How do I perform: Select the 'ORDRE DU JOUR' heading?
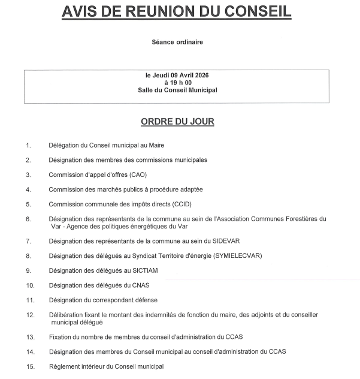click(x=177, y=122)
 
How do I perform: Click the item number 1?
click(x=28, y=145)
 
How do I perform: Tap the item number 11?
click(x=30, y=300)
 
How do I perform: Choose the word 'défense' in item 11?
click(x=146, y=300)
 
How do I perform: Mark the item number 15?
click(x=30, y=366)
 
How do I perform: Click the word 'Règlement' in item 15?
click(x=65, y=366)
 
